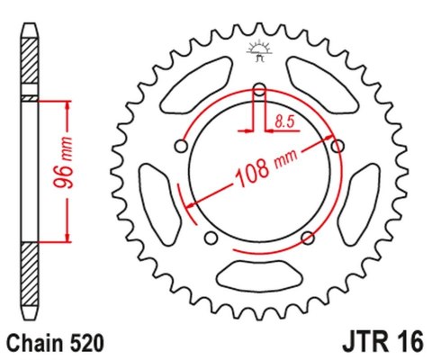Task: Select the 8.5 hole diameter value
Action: click(283, 117)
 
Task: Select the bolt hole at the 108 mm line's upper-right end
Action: click(338, 146)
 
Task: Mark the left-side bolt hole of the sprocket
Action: click(181, 146)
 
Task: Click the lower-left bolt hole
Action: click(211, 238)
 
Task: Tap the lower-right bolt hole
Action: click(308, 238)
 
